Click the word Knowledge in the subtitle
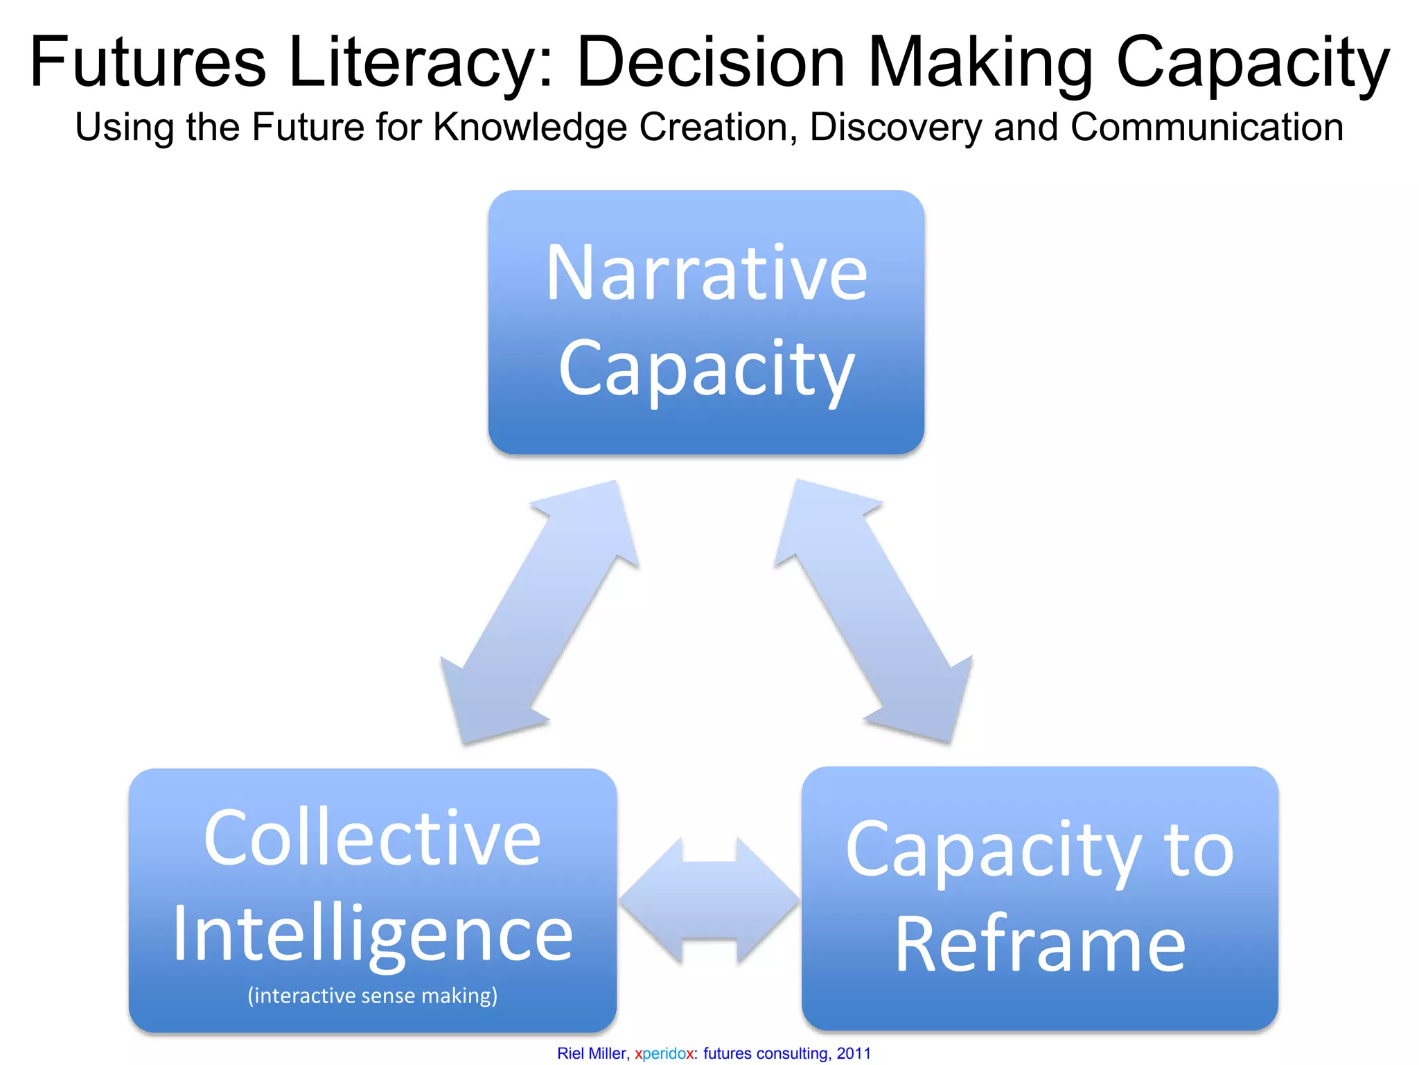pyautogui.click(x=529, y=128)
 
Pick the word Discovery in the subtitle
pyautogui.click(x=895, y=128)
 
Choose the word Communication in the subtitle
pyautogui.click(x=1206, y=128)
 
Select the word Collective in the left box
pyautogui.click(x=372, y=838)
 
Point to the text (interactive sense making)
pyautogui.click(x=372, y=996)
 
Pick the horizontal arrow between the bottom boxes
pyautogui.click(x=709, y=901)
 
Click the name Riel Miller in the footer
pyautogui.click(x=592, y=1053)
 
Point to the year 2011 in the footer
pyautogui.click(x=854, y=1053)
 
